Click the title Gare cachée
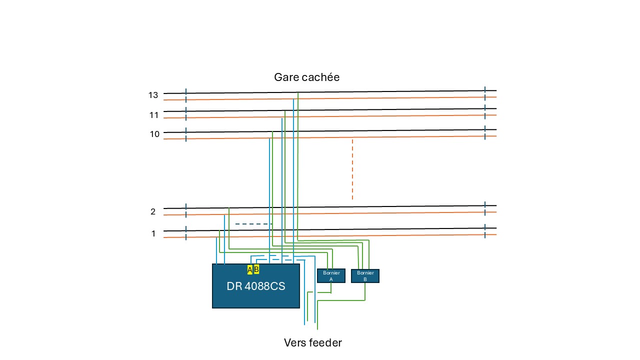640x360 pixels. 306,77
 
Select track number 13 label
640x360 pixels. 153,95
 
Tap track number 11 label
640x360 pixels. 153,115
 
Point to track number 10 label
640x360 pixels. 154,134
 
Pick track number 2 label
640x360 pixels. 153,211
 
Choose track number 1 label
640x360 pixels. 153,233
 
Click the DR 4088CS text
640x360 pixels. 255,286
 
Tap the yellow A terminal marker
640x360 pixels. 250,269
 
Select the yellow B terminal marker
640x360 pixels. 256,269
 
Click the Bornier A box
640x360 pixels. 331,275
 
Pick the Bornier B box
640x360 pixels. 365,276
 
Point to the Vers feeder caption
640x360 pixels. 313,342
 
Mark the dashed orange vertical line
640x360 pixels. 352,169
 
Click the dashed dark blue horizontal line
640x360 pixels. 253,224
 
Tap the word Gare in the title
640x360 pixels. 286,77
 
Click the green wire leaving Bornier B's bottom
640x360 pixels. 341,300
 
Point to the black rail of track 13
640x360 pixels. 330,92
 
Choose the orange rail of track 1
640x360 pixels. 330,236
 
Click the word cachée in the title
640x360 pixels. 321,77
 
